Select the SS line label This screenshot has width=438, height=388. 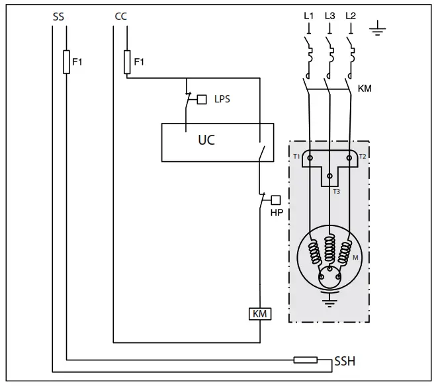click(x=59, y=17)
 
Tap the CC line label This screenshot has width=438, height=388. click(x=120, y=17)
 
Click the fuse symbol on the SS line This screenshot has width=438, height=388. click(x=66, y=62)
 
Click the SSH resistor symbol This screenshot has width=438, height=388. click(x=306, y=360)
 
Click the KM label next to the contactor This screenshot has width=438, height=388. click(x=365, y=87)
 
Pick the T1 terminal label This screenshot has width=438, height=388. click(x=297, y=156)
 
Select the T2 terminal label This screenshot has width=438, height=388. click(x=363, y=156)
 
